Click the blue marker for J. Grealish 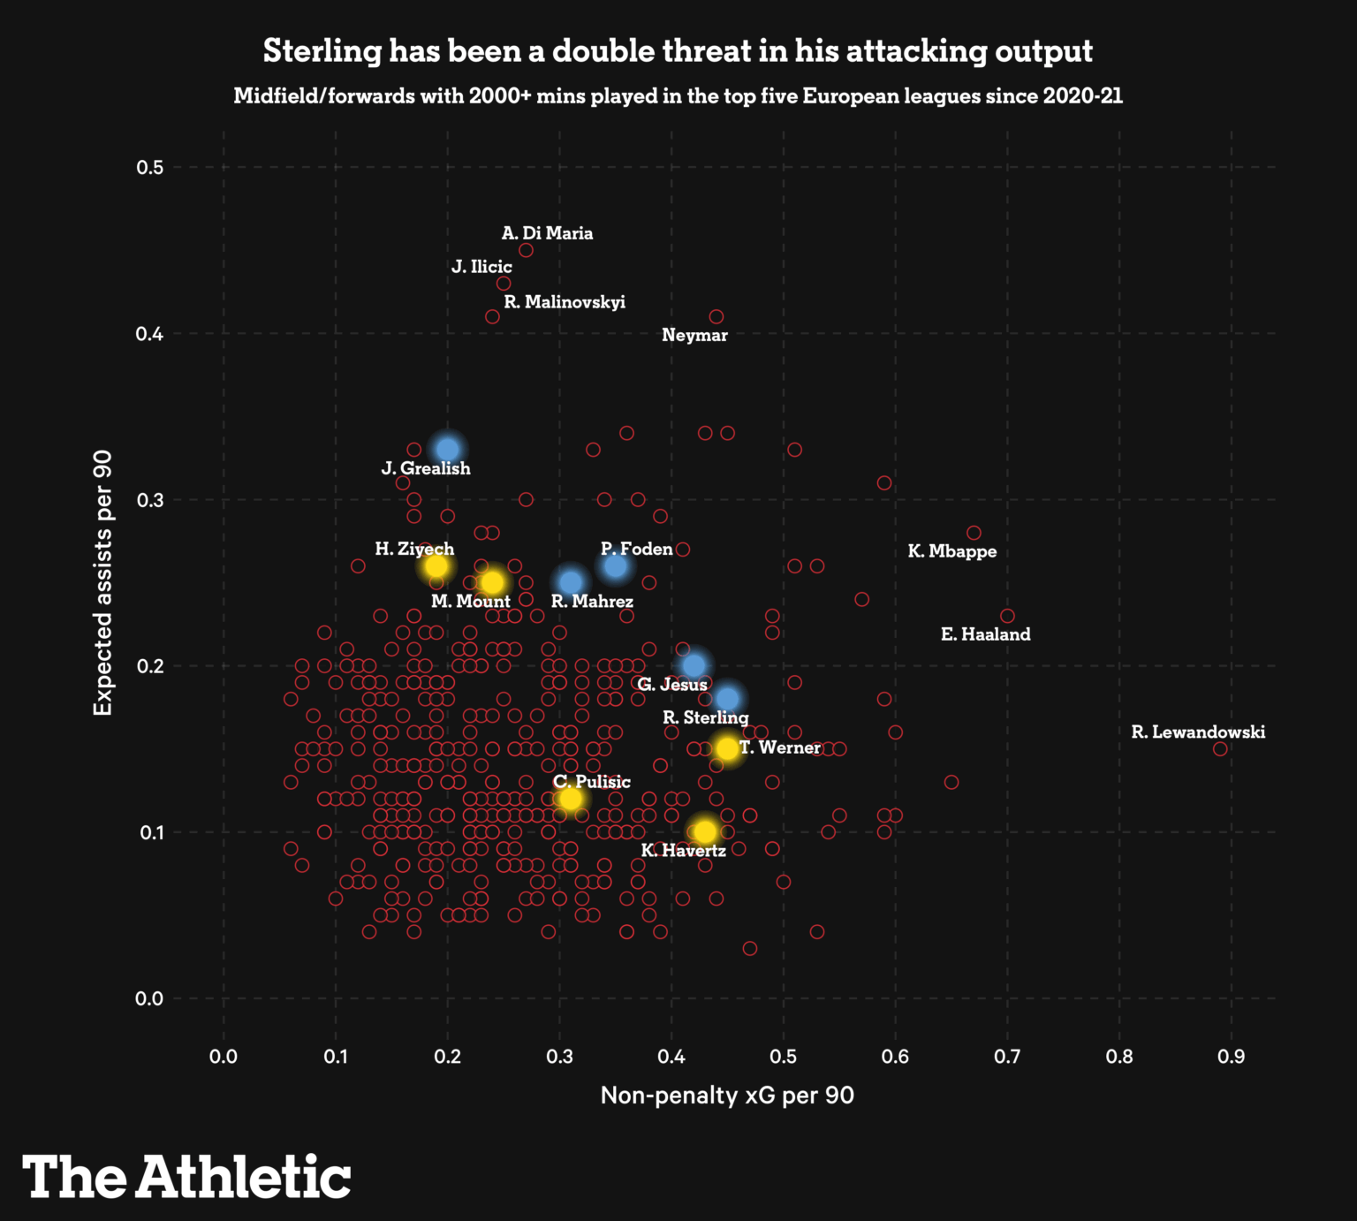point(448,449)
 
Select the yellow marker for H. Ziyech point(436,566)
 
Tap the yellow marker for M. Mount point(492,582)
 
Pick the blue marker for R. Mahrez point(571,582)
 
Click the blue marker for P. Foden point(616,566)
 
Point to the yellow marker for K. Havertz point(705,831)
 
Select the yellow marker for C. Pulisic point(571,799)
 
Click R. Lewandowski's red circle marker point(1220,748)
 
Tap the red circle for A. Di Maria point(526,250)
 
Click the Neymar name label point(694,336)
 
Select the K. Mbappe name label point(951,551)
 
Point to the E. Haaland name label point(985,634)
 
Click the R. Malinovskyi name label point(565,302)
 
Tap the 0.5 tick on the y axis point(150,167)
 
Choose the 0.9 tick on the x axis point(1231,1057)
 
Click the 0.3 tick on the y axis point(150,500)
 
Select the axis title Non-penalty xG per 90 point(727,1096)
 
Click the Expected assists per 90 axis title point(103,582)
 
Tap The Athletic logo point(186,1177)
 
